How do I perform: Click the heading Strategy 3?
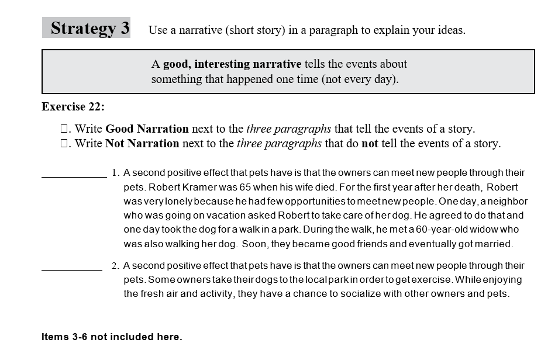pyautogui.click(x=89, y=28)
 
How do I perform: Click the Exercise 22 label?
pyautogui.click(x=73, y=107)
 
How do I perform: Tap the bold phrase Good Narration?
pyautogui.click(x=147, y=129)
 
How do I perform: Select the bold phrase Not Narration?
pyautogui.click(x=142, y=144)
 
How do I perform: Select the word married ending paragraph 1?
pyautogui.click(x=494, y=244)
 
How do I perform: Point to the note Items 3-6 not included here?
pyautogui.click(x=112, y=337)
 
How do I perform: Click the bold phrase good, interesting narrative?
pyautogui.click(x=232, y=64)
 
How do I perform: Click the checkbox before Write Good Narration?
pyautogui.click(x=66, y=129)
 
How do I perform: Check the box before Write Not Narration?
pyautogui.click(x=66, y=144)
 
